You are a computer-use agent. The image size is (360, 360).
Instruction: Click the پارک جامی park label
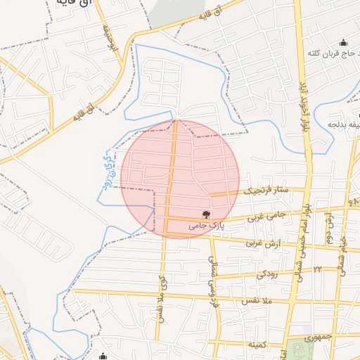click(206, 226)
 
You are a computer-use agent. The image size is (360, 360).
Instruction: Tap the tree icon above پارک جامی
click(206, 214)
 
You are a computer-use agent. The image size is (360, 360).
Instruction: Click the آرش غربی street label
click(262, 243)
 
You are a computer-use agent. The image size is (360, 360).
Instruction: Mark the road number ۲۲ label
click(318, 270)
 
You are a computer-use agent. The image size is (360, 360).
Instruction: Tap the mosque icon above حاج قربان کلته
click(343, 41)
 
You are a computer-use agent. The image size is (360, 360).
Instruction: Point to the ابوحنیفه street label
click(108, 39)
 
